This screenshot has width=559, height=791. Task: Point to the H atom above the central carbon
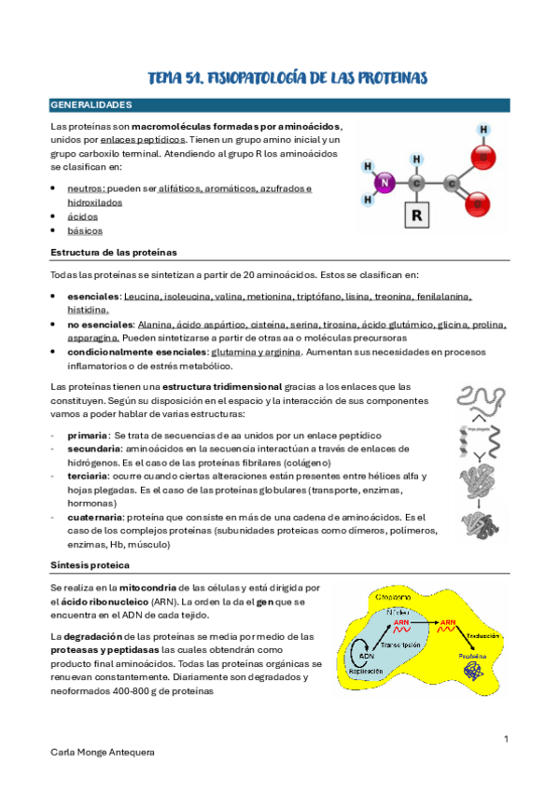pyautogui.click(x=416, y=159)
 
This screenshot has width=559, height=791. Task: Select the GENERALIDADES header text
pyautogui.click(x=91, y=105)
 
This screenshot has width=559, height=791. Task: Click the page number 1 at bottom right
pyautogui.click(x=505, y=739)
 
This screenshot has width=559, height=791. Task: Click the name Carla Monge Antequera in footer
pyautogui.click(x=104, y=752)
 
